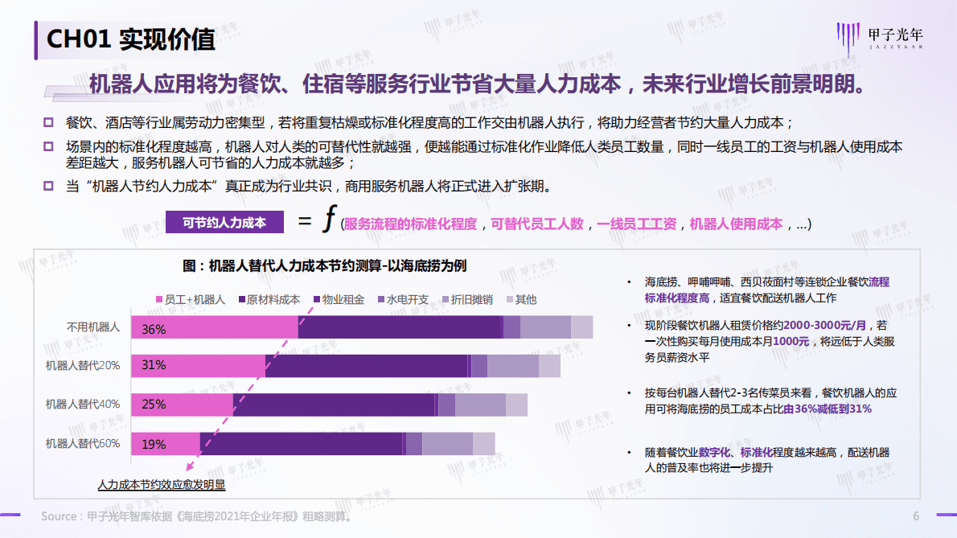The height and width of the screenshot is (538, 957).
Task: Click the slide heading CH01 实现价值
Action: pos(130,39)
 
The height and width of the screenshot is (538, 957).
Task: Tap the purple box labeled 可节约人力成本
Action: pos(224,223)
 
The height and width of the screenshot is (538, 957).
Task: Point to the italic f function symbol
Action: pos(327,221)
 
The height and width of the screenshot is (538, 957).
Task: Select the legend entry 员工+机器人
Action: pos(189,299)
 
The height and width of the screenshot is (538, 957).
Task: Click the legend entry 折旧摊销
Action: pos(465,299)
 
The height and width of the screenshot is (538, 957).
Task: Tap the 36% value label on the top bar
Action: pos(154,329)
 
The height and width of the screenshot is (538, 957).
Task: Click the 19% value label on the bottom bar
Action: pos(154,444)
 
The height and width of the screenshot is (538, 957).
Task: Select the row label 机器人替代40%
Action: pos(83,405)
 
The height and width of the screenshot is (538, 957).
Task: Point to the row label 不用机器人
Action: pos(93,327)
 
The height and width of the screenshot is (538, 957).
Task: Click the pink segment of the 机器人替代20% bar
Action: pos(198,366)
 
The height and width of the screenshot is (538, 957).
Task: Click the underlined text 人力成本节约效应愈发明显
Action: pos(162,485)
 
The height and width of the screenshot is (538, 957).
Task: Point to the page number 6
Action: pos(915,515)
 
